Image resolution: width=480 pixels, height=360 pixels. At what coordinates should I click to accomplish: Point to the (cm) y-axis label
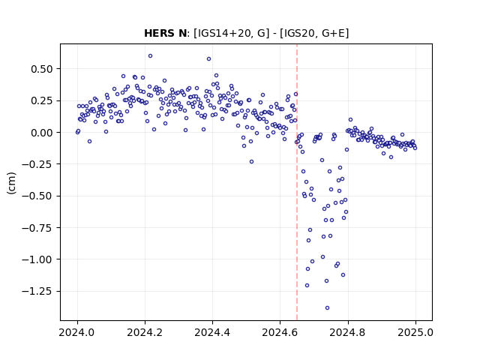pyautogui.click(x=12, y=183)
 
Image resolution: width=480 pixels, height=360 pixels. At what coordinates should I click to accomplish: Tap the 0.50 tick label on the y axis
pyautogui.click(x=42, y=69)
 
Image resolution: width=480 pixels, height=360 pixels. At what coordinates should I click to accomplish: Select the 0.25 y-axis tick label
pyautogui.click(x=42, y=100)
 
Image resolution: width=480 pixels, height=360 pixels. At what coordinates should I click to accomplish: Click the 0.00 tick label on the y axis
pyautogui.click(x=42, y=133)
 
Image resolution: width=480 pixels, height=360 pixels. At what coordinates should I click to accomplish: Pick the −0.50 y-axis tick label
pyautogui.click(x=37, y=196)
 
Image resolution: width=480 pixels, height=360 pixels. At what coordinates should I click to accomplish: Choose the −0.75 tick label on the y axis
pyautogui.click(x=37, y=228)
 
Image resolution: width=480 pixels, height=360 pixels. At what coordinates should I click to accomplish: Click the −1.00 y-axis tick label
pyautogui.click(x=37, y=259)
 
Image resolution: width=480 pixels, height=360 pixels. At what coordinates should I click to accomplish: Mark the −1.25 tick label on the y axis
pyautogui.click(x=37, y=291)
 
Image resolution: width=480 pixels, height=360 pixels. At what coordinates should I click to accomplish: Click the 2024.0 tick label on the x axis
pyautogui.click(x=77, y=332)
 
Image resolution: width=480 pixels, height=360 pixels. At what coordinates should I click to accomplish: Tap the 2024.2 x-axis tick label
pyautogui.click(x=145, y=332)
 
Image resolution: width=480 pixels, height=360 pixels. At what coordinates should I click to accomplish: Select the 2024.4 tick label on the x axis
pyautogui.click(x=212, y=332)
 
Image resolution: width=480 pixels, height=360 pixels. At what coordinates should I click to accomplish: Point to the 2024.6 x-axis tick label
pyautogui.click(x=280, y=332)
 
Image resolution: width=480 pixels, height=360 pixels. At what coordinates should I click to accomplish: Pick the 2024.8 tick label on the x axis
pyautogui.click(x=348, y=332)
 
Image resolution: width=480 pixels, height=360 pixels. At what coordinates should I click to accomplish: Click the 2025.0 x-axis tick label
pyautogui.click(x=415, y=332)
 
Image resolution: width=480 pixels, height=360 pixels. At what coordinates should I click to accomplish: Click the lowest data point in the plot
pyautogui.click(x=327, y=308)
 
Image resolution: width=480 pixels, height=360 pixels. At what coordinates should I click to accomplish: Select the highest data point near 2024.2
pyautogui.click(x=150, y=56)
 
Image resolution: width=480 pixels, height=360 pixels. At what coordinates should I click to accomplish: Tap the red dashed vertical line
pyautogui.click(x=297, y=182)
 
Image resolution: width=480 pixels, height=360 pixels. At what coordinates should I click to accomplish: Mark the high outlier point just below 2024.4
pyautogui.click(x=208, y=59)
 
